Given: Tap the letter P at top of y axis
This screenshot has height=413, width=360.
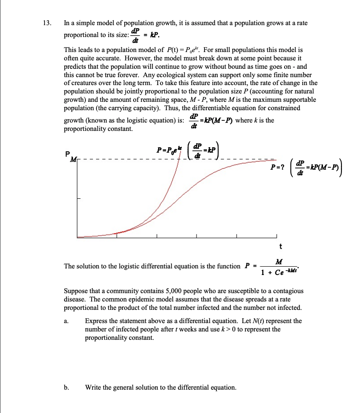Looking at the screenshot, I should pyautogui.click(x=67, y=154).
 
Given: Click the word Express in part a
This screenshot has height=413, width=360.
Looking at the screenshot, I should pyautogui.click(x=96, y=321).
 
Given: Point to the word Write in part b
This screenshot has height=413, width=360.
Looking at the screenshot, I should pyautogui.click(x=93, y=387).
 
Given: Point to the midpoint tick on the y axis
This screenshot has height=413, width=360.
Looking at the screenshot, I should pyautogui.click(x=79, y=198).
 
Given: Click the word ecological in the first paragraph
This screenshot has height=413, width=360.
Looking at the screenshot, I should pyautogui.click(x=175, y=74).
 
